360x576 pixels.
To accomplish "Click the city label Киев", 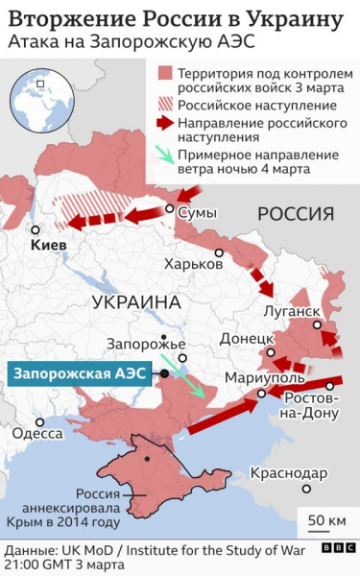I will point(49,247).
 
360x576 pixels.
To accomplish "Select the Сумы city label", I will point(199,212).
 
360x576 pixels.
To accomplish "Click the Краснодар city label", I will point(287,472).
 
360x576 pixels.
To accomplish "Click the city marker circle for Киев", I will point(36,230).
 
